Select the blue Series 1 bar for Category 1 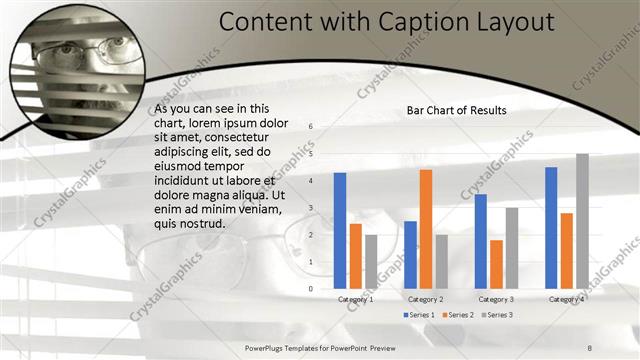tap(340, 230)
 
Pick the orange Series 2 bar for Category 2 tap(426, 229)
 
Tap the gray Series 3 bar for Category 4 tap(582, 221)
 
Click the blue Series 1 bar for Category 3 tap(481, 241)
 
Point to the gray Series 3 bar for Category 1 tap(371, 261)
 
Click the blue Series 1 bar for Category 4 tap(551, 227)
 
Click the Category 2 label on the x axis tap(426, 299)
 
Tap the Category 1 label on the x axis tap(356, 299)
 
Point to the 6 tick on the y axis tap(311, 127)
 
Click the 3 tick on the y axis tap(311, 208)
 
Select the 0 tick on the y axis tap(311, 289)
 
